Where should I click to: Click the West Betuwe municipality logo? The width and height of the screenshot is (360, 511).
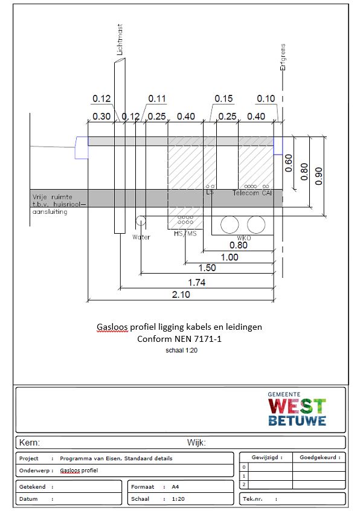(297, 409)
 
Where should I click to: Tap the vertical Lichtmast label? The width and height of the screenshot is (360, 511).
(120, 39)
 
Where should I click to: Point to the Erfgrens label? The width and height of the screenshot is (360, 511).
(283, 57)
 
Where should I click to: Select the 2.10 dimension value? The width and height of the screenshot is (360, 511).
(181, 295)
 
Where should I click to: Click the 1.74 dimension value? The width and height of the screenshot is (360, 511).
(197, 282)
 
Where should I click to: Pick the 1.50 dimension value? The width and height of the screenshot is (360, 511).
(207, 268)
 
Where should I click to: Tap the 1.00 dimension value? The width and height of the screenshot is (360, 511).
(230, 257)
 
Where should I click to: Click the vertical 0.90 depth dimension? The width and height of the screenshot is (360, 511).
(319, 176)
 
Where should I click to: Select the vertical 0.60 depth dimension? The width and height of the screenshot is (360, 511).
(289, 163)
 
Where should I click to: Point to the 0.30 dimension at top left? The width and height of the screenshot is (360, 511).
(101, 117)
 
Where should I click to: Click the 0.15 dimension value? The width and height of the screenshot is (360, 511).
(223, 98)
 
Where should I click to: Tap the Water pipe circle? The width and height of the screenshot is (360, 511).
(141, 220)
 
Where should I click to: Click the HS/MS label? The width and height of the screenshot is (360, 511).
(185, 233)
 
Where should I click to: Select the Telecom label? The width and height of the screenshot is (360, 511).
(246, 193)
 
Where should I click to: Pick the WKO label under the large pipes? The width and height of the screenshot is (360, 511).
(243, 238)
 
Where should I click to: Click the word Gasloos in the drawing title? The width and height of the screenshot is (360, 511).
(112, 327)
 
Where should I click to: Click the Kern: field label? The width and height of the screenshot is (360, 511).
(30, 443)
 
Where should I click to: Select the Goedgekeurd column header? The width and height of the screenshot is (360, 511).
(320, 457)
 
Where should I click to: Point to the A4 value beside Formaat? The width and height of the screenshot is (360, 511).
(175, 487)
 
